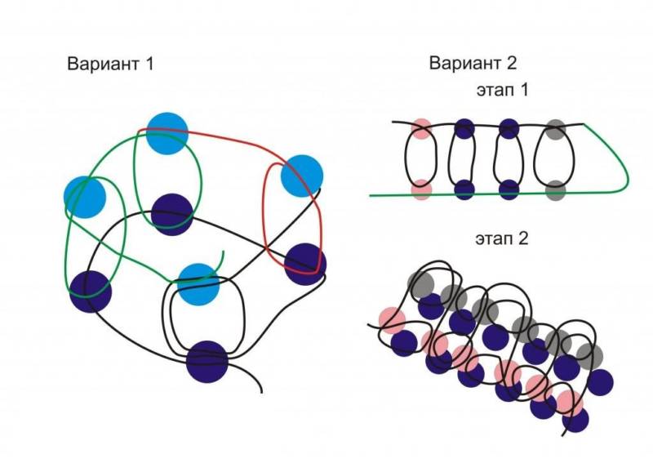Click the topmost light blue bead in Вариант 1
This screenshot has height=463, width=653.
pyautogui.click(x=167, y=134)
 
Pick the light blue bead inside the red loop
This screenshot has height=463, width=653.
pyautogui.click(x=301, y=176)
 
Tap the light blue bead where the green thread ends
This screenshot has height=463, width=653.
pyautogui.click(x=198, y=283)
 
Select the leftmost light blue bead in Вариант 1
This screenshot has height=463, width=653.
pyautogui.click(x=85, y=196)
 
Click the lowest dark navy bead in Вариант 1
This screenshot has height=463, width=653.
pyautogui.click(x=207, y=362)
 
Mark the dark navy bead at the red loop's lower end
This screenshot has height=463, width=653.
pyautogui.click(x=305, y=263)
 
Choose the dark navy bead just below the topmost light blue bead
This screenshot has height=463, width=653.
pyautogui.click(x=172, y=214)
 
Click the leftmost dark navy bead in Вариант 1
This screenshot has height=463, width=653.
pyautogui.click(x=90, y=291)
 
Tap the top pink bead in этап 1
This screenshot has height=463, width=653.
pyautogui.click(x=421, y=128)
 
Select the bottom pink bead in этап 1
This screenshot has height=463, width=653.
pyautogui.click(x=421, y=189)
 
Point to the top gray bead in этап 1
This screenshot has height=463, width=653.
pyautogui.click(x=555, y=128)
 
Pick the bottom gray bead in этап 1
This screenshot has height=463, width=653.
pyautogui.click(x=555, y=189)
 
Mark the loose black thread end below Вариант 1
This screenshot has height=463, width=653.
pyautogui.click(x=260, y=390)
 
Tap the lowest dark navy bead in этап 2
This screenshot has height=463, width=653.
pyautogui.click(x=576, y=420)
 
